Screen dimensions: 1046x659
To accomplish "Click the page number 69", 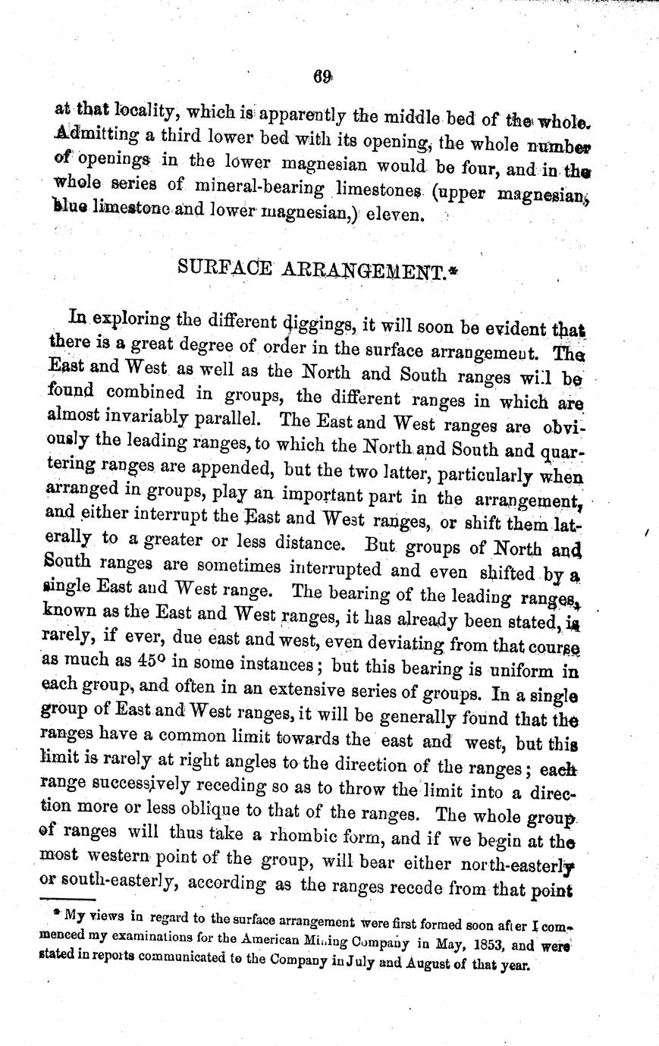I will (x=322, y=75).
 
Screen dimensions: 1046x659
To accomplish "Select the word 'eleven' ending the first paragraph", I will (x=394, y=215).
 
